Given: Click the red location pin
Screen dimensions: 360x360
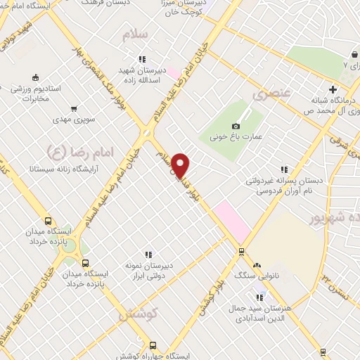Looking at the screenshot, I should click(x=181, y=165).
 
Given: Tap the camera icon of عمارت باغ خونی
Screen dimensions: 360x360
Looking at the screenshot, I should click(x=236, y=125).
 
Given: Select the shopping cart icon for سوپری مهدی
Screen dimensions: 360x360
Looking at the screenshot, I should click(x=74, y=109).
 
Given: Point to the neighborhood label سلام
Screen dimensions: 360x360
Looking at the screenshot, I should click(x=136, y=34).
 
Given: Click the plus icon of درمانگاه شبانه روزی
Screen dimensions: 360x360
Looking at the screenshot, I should click(x=333, y=89).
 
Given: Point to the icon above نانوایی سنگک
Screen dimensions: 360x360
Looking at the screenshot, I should click(x=256, y=266).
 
